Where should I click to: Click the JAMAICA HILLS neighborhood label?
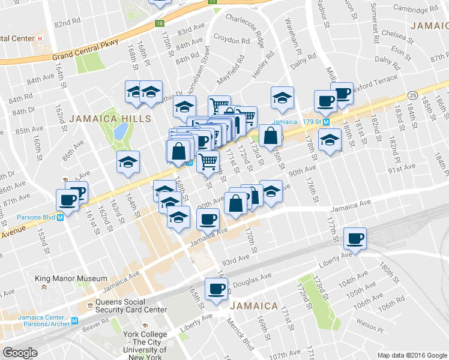(x=110, y=119)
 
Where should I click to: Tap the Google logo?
(x=20, y=353)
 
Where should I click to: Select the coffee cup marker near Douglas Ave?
(x=215, y=289)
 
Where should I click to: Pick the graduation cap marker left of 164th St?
(x=128, y=162)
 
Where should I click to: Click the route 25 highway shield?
(x=412, y=95)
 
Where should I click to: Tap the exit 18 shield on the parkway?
(x=158, y=23)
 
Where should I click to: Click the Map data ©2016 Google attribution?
(x=412, y=355)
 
